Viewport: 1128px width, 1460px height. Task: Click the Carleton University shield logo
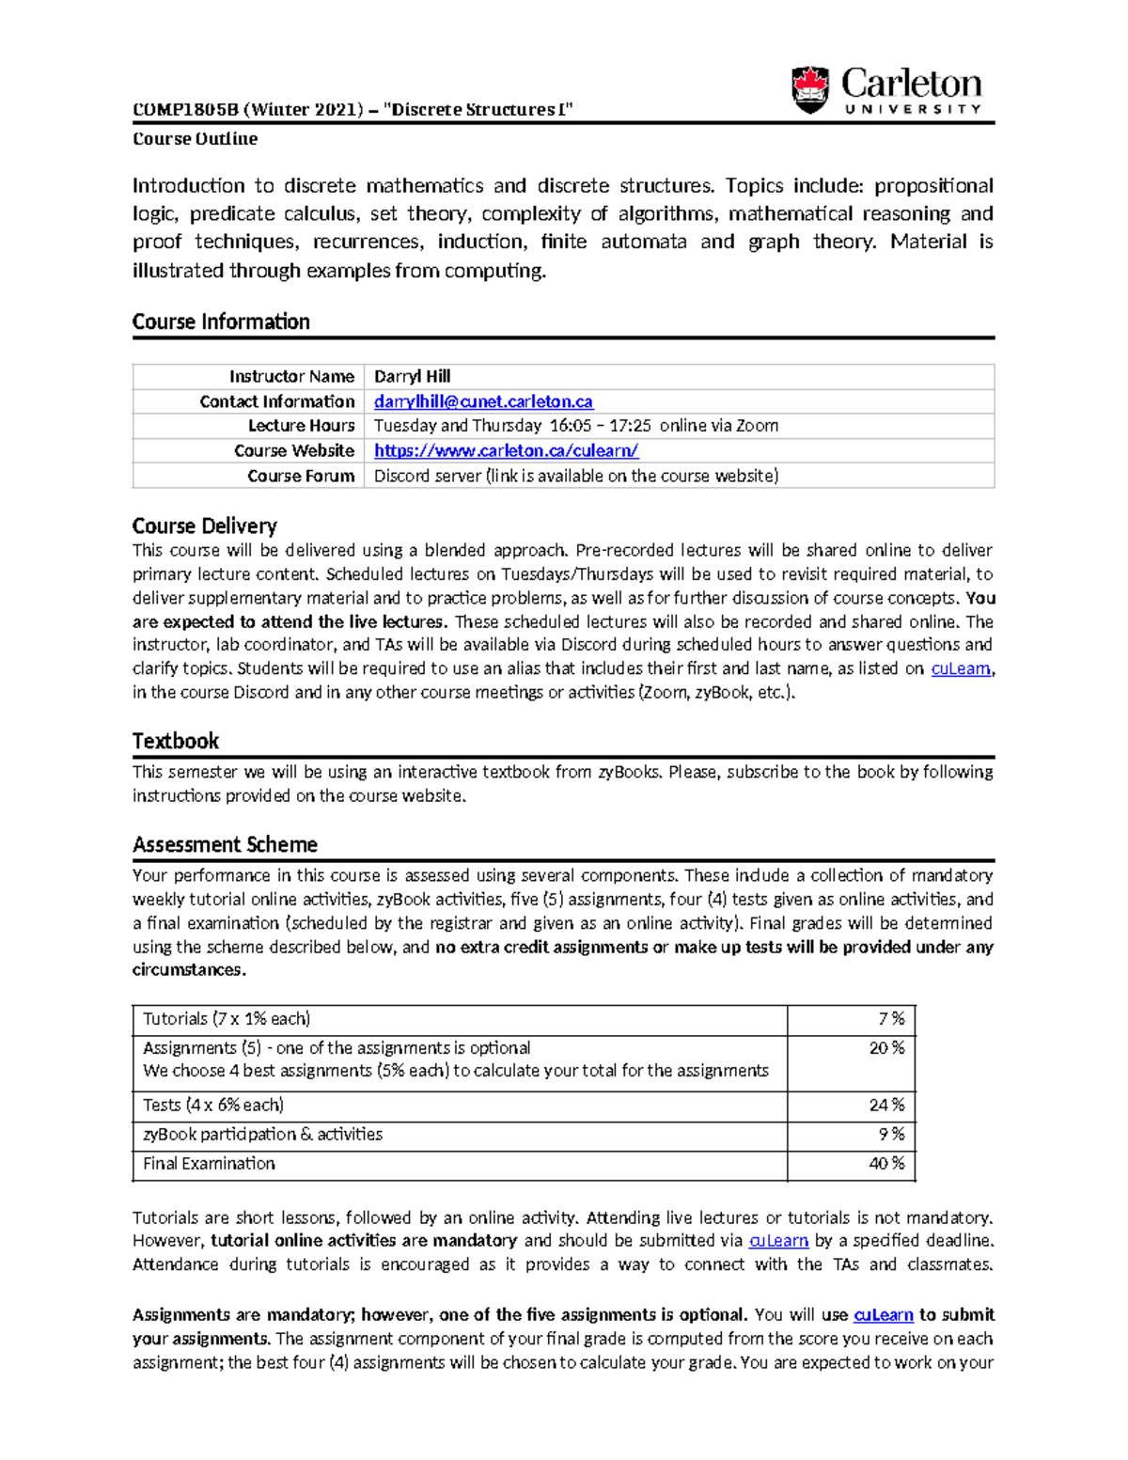810,90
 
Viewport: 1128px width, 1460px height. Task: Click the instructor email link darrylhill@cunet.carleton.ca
483,401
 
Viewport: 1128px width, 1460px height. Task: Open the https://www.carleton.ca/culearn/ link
506,451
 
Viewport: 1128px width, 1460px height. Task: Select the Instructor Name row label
291,376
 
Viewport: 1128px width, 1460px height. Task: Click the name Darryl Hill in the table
412,376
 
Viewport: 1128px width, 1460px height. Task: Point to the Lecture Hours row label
301,426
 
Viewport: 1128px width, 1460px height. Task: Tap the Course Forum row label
301,476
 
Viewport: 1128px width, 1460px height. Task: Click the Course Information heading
221,322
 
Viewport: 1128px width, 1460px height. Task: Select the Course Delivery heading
204,526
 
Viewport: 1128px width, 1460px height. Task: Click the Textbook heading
175,741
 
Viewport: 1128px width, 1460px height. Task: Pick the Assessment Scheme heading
225,844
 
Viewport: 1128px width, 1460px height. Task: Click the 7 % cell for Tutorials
890,1019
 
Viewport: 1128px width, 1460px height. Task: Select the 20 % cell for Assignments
886,1048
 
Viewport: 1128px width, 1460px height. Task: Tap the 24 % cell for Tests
886,1106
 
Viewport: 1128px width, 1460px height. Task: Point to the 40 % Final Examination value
886,1164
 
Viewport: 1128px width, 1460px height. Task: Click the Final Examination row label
209,1164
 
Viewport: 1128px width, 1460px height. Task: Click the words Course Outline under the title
195,139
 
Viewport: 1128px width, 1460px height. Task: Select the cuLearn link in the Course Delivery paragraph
960,669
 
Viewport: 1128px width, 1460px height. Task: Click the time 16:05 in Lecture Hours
569,426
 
